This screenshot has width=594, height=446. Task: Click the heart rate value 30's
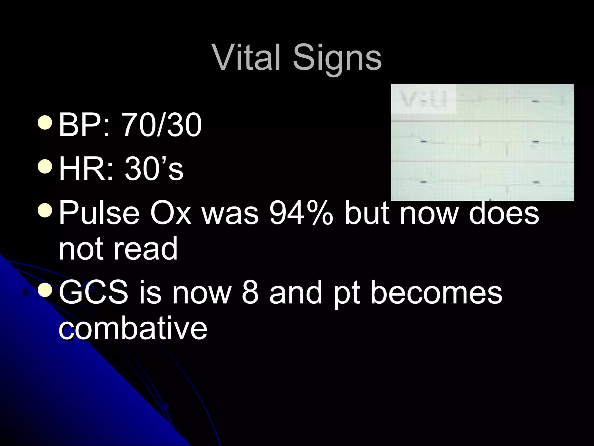(154, 169)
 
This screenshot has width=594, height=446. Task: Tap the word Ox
(171, 213)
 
